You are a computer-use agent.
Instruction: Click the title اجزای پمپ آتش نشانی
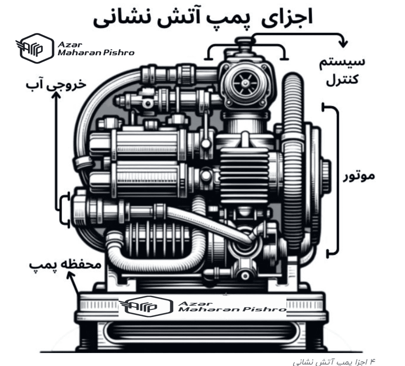[203, 17]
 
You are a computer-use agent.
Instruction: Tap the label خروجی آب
[56, 85]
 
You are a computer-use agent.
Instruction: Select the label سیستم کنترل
[342, 71]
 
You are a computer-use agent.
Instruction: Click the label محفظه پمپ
[65, 264]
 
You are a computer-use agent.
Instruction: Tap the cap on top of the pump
[244, 41]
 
